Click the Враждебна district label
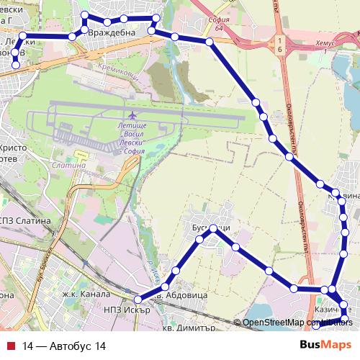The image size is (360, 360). [x=107, y=33]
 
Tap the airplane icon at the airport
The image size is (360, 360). [x=131, y=116]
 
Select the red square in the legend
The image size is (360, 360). [x=10, y=346]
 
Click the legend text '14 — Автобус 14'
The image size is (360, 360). [x=64, y=346]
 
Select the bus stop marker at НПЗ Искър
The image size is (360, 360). [x=138, y=300]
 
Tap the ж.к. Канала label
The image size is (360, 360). [x=85, y=294]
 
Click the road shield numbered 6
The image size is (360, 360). [x=279, y=44]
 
